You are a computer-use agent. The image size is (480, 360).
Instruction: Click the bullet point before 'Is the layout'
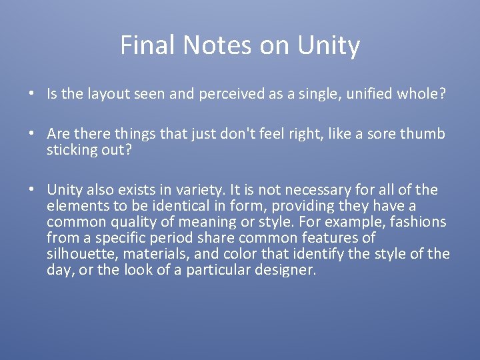tap(32, 94)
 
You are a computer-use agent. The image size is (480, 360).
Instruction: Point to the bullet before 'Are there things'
tap(32, 134)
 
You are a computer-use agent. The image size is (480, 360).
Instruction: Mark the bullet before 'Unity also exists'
tap(32, 190)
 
